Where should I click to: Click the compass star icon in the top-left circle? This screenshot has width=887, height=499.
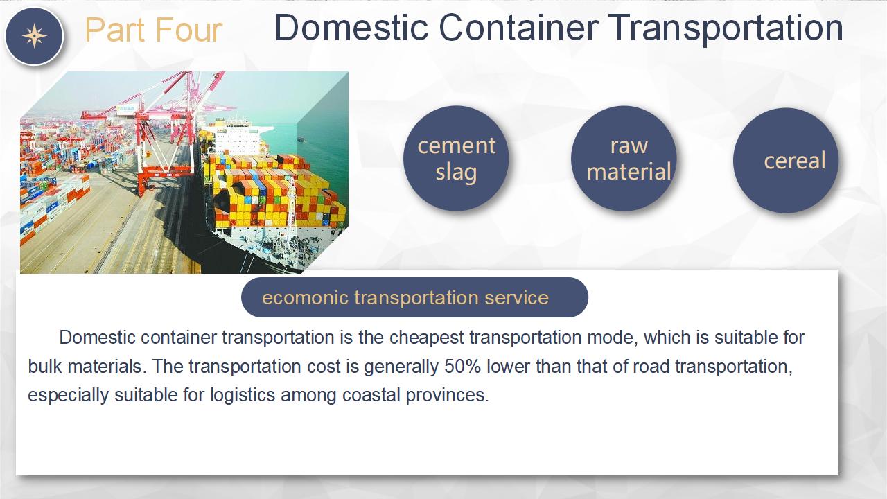tap(35, 36)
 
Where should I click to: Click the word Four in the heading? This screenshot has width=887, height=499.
tap(188, 30)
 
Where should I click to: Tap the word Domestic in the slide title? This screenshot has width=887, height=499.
tap(351, 28)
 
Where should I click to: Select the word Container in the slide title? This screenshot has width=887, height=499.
tap(518, 28)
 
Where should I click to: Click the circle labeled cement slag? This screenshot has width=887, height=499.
tap(456, 159)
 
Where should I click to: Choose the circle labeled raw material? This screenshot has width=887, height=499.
tap(624, 159)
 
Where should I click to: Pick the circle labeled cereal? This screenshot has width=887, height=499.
tap(786, 160)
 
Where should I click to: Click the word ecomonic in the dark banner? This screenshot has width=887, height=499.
tap(305, 298)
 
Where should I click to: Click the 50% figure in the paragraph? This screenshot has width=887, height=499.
tap(462, 367)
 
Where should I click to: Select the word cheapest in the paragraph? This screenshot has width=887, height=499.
tap(426, 338)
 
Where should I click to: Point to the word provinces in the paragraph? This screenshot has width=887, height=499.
tap(448, 396)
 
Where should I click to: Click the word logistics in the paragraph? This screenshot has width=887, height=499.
tap(243, 396)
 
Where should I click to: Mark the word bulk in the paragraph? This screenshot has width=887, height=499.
tap(45, 367)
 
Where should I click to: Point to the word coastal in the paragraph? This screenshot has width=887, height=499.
tap(371, 395)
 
